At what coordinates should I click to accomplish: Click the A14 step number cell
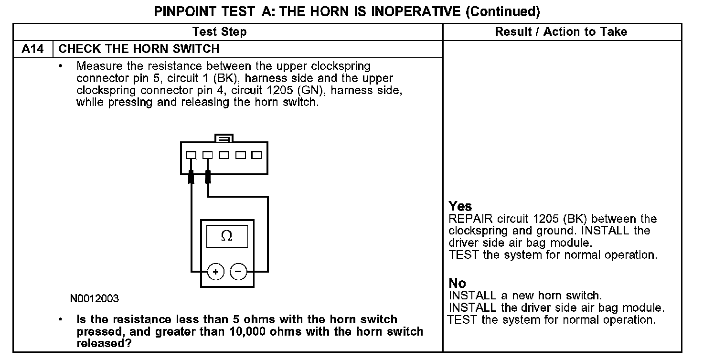[x=33, y=49]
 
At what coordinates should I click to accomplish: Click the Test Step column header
[x=220, y=32]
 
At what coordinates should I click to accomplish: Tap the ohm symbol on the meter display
[x=227, y=236]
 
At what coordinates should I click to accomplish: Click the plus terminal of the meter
[x=216, y=272]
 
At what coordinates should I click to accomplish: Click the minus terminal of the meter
[x=239, y=272]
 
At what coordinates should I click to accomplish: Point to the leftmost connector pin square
[x=191, y=155]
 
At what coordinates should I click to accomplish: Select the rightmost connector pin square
[x=256, y=155]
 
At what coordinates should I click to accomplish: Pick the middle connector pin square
[x=224, y=155]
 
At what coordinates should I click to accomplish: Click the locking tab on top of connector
[x=224, y=138]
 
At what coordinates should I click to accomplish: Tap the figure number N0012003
[x=95, y=299]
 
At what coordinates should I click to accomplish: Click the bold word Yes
[x=460, y=206]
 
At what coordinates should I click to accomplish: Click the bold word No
[x=457, y=283]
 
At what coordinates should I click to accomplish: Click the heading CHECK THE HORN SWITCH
[x=139, y=49]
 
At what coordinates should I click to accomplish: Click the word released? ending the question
[x=104, y=343]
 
